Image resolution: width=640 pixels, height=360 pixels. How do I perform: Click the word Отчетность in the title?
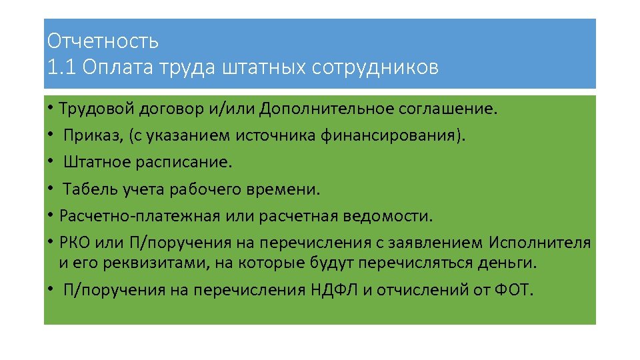(x=103, y=41)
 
